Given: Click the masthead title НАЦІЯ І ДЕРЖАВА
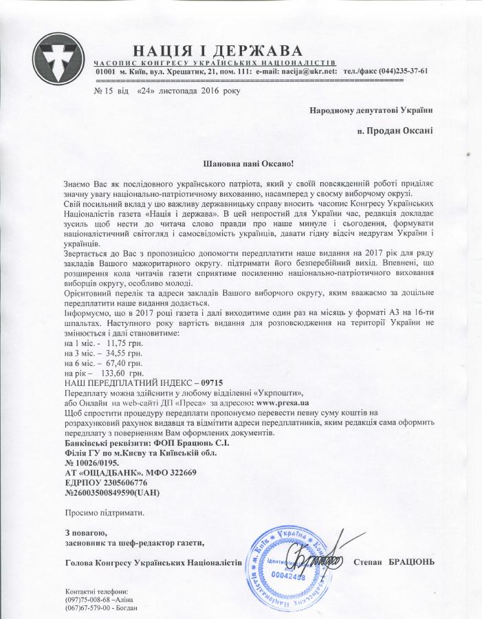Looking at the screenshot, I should click(217, 51).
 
